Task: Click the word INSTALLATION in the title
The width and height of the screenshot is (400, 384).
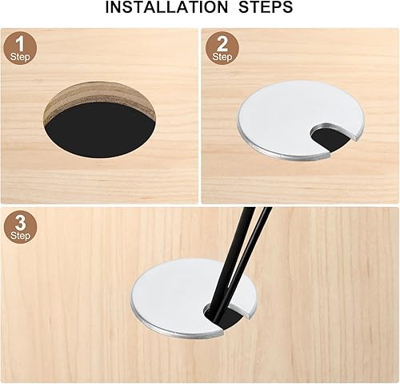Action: click(166, 7)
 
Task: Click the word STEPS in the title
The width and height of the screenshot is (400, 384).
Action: click(266, 7)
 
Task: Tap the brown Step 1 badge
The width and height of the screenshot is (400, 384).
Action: click(20, 48)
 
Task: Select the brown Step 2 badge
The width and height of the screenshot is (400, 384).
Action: click(222, 48)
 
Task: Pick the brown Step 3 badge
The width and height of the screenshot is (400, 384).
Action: click(20, 227)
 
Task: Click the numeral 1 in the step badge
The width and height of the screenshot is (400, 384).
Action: click(20, 44)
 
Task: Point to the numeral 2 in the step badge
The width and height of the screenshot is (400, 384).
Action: click(222, 44)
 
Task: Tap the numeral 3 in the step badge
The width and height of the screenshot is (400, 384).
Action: click(20, 223)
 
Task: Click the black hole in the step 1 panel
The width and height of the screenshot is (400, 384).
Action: click(100, 131)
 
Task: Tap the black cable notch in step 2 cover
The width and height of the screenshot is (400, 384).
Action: click(330, 138)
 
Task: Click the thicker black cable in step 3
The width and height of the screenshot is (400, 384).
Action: click(230, 261)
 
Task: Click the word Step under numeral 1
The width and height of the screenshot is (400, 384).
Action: click(20, 57)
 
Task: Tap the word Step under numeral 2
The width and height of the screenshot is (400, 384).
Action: click(222, 57)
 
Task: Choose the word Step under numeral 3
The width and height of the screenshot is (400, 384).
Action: click(20, 236)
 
